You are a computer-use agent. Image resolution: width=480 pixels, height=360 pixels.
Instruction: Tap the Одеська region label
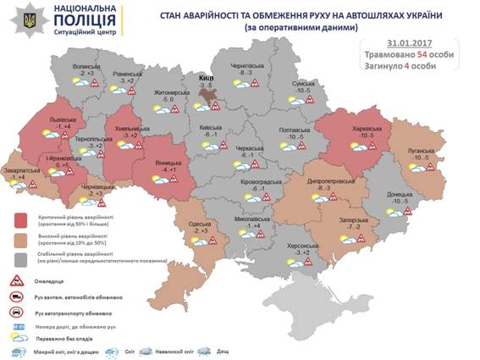click(200, 221)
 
